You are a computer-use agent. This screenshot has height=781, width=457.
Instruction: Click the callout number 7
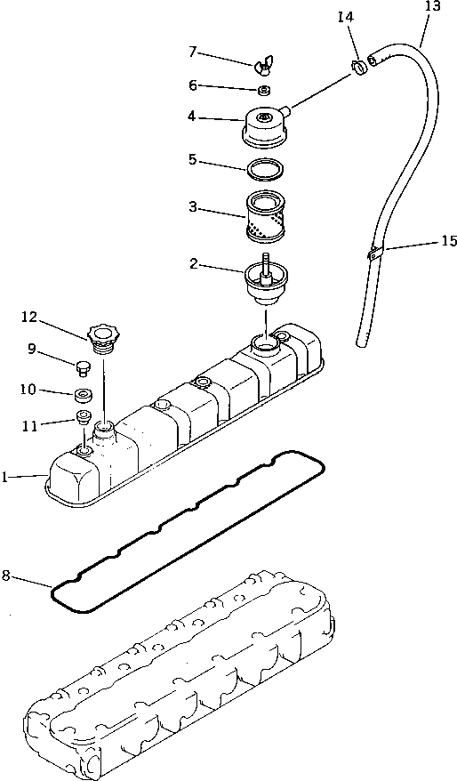click(191, 52)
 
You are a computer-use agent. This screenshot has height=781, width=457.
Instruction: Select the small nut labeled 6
click(263, 90)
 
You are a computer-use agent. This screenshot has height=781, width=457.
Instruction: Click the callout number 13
click(432, 7)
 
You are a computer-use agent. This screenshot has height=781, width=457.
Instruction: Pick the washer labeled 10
click(83, 394)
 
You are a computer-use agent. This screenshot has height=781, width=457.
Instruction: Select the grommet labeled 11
click(83, 418)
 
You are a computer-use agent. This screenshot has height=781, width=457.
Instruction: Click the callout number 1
click(5, 478)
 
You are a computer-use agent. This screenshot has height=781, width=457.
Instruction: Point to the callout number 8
click(6, 576)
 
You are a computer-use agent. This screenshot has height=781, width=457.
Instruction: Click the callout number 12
click(30, 316)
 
